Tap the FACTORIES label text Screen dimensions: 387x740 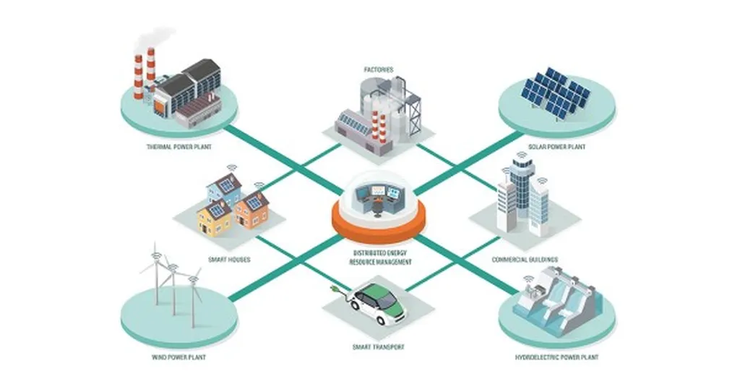[377, 69]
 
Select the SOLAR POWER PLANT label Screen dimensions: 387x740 [557, 147]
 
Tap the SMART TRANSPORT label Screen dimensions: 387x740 [377, 347]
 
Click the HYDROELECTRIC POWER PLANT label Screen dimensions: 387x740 [557, 357]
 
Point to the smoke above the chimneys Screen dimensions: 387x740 [155, 36]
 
